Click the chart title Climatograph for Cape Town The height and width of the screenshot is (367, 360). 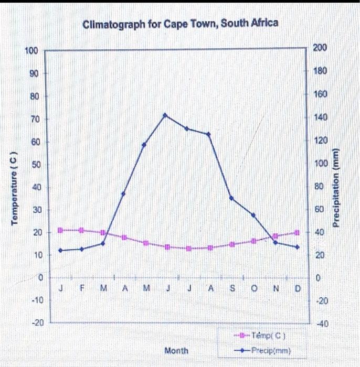(181, 24)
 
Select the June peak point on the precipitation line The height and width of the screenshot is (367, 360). (165, 115)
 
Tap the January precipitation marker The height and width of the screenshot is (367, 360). (60, 251)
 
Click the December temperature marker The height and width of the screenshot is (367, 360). (297, 232)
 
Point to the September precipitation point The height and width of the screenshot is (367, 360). (231, 198)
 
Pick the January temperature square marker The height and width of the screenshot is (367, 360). (60, 230)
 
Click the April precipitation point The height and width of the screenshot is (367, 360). (123, 193)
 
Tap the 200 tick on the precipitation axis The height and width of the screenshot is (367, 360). (320, 48)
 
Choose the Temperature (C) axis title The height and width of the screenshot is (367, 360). (16, 186)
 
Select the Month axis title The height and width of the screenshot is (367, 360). (176, 350)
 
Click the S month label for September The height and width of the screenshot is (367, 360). (232, 289)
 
